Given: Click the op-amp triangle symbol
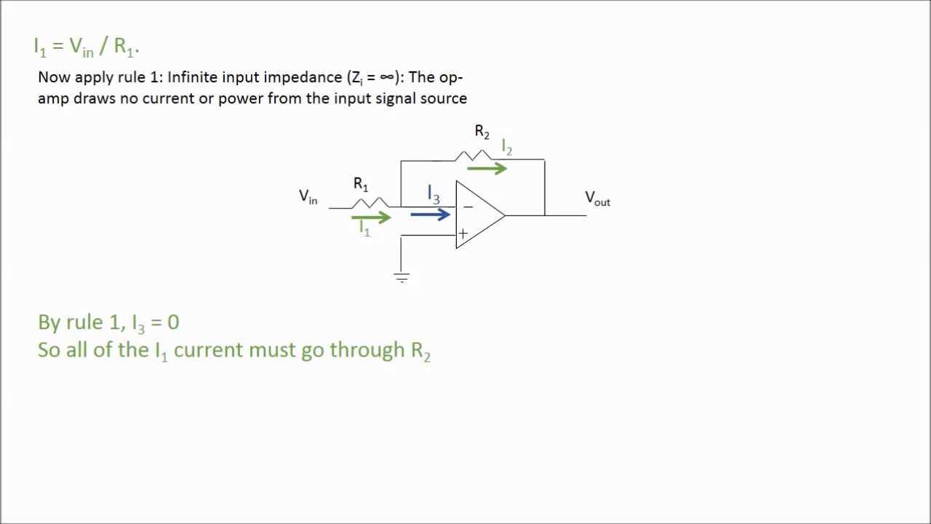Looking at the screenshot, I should click(477, 215).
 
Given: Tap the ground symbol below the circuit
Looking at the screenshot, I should click(401, 277).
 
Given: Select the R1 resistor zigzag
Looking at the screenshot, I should click(370, 202).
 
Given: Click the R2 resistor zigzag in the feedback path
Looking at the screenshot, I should click(473, 155).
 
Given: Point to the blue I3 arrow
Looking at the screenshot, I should click(431, 215).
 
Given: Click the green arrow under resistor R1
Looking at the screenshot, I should click(371, 217).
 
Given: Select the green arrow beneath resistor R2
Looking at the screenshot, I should click(487, 169).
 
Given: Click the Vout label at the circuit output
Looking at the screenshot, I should click(597, 198).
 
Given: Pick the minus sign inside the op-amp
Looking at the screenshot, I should click(468, 207).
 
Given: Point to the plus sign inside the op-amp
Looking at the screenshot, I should click(463, 234).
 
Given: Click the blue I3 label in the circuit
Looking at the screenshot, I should click(433, 195).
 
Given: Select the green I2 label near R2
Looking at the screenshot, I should click(507, 148).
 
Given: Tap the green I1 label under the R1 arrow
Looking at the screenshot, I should click(364, 229).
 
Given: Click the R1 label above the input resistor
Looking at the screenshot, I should click(361, 184).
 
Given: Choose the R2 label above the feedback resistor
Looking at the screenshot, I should click(482, 132).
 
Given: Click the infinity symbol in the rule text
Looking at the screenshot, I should click(387, 78).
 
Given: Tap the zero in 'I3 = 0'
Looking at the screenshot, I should click(173, 322).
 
